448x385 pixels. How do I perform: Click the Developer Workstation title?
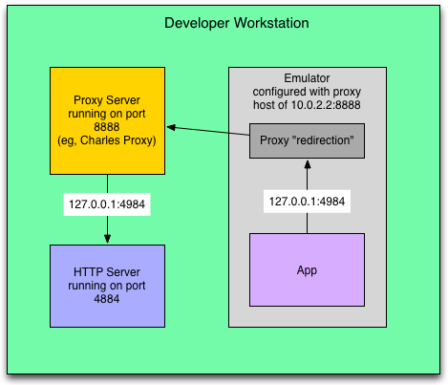(237, 23)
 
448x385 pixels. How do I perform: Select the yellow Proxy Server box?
(107, 120)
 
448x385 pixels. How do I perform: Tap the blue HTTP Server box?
(107, 286)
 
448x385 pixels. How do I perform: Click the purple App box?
(307, 269)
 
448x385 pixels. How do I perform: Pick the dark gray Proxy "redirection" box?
(307, 140)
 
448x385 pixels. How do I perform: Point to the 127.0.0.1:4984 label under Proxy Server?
(107, 204)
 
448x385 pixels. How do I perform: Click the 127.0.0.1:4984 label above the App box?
(307, 202)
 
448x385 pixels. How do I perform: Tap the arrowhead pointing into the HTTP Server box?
(107, 239)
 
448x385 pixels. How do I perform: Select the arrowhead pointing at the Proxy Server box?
(171, 127)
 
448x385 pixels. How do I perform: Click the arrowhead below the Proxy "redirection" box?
(308, 164)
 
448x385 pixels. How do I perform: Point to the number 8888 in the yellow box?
(107, 127)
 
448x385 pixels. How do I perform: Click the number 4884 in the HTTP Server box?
(107, 299)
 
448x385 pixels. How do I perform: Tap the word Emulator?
(307, 78)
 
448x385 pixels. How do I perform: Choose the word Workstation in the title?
(271, 23)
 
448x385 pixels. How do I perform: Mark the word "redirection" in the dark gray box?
(325, 140)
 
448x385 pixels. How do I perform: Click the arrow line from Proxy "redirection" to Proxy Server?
(208, 131)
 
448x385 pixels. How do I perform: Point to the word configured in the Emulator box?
(279, 92)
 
